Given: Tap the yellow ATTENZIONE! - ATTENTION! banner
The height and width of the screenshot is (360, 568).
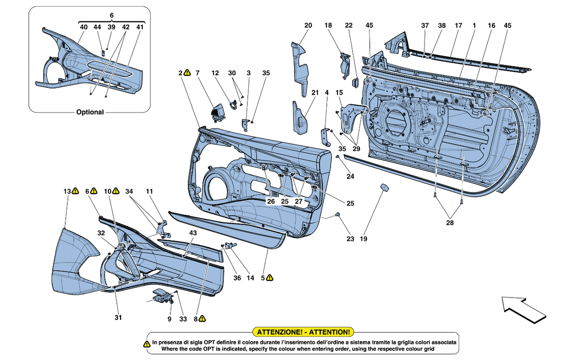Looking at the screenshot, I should (303, 332).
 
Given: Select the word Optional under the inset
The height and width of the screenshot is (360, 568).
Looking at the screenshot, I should (90, 112).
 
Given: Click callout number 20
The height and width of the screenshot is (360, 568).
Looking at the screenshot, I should (309, 25).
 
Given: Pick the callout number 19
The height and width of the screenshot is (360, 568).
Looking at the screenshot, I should (363, 239).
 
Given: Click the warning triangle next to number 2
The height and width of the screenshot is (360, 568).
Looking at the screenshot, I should (187, 73).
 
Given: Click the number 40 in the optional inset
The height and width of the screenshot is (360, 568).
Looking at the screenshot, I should (84, 27).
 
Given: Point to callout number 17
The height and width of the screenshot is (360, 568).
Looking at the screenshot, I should (458, 25).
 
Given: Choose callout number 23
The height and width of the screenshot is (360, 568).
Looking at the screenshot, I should (350, 239).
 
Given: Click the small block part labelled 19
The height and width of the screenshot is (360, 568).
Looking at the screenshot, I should (383, 188).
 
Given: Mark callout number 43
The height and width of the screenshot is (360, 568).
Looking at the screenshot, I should (193, 233).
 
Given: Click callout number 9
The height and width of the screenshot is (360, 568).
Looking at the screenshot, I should (169, 319).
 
